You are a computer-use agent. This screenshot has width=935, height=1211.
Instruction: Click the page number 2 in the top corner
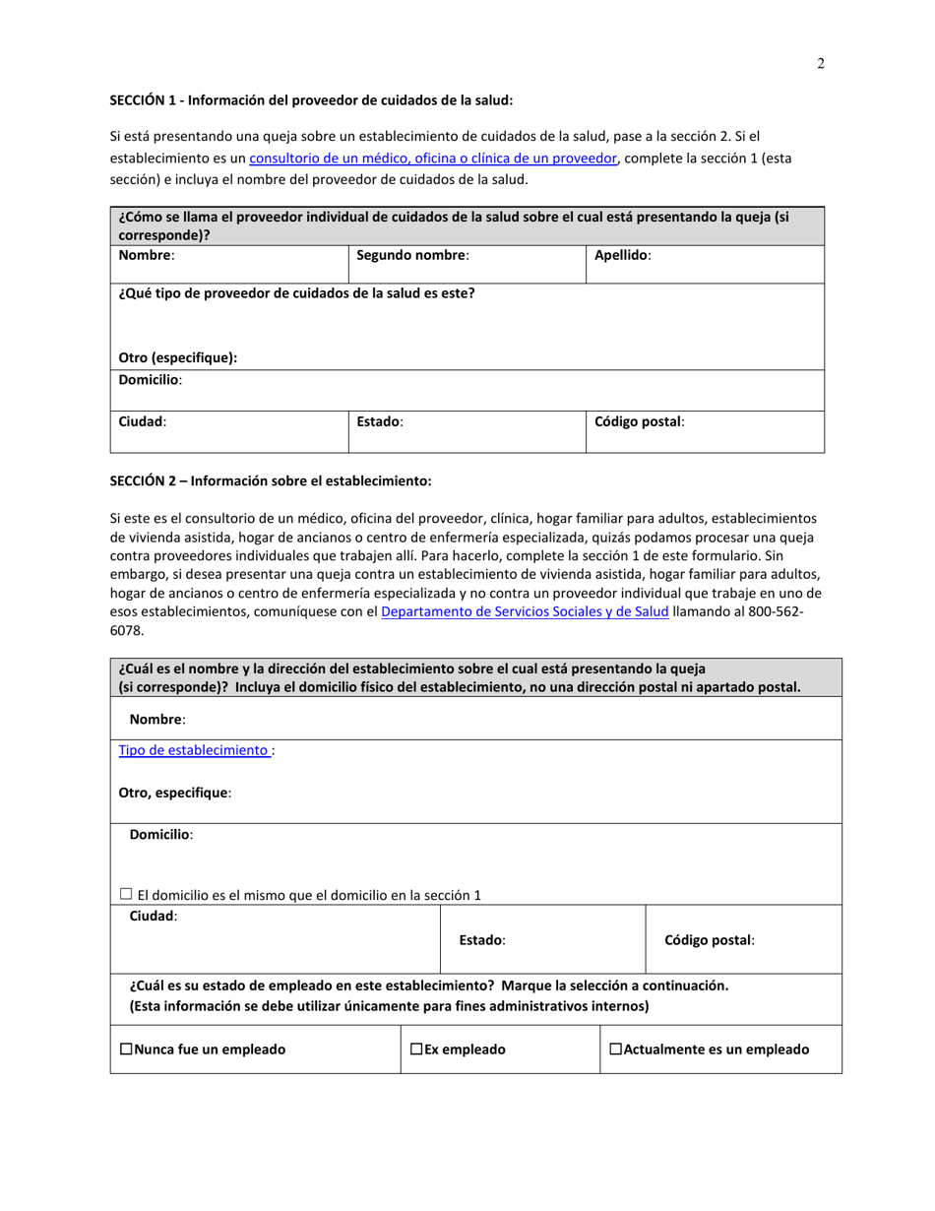[820, 65]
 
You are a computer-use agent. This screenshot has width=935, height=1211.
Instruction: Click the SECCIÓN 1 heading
[311, 99]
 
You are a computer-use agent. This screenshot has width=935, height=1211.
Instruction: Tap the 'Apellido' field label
[622, 255]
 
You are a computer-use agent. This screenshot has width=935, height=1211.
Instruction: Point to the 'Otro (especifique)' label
[178, 357]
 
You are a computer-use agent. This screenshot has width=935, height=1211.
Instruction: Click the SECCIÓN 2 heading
[270, 480]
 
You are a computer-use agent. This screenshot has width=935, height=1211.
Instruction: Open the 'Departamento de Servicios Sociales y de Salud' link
[524, 612]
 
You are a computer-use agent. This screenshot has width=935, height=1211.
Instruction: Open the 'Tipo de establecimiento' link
[194, 750]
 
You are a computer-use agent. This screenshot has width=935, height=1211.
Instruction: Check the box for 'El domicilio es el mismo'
[126, 894]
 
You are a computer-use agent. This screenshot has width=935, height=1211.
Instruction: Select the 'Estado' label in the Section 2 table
[482, 940]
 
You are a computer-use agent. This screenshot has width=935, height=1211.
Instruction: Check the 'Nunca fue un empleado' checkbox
[126, 1050]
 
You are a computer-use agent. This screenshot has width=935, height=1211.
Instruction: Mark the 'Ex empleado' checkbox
[417, 1050]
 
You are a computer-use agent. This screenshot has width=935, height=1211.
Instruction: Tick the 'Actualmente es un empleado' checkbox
[616, 1050]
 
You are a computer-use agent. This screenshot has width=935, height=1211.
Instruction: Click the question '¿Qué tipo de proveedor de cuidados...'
[296, 293]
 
